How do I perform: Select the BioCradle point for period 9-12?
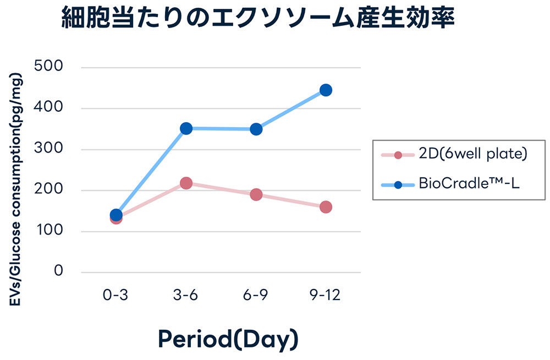326,90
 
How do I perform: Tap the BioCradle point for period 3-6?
186,128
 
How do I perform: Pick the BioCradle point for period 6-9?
256,129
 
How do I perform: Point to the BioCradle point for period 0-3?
116,215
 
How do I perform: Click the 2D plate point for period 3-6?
186,183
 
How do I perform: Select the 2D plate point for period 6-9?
256,194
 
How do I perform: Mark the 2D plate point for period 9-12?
326,207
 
